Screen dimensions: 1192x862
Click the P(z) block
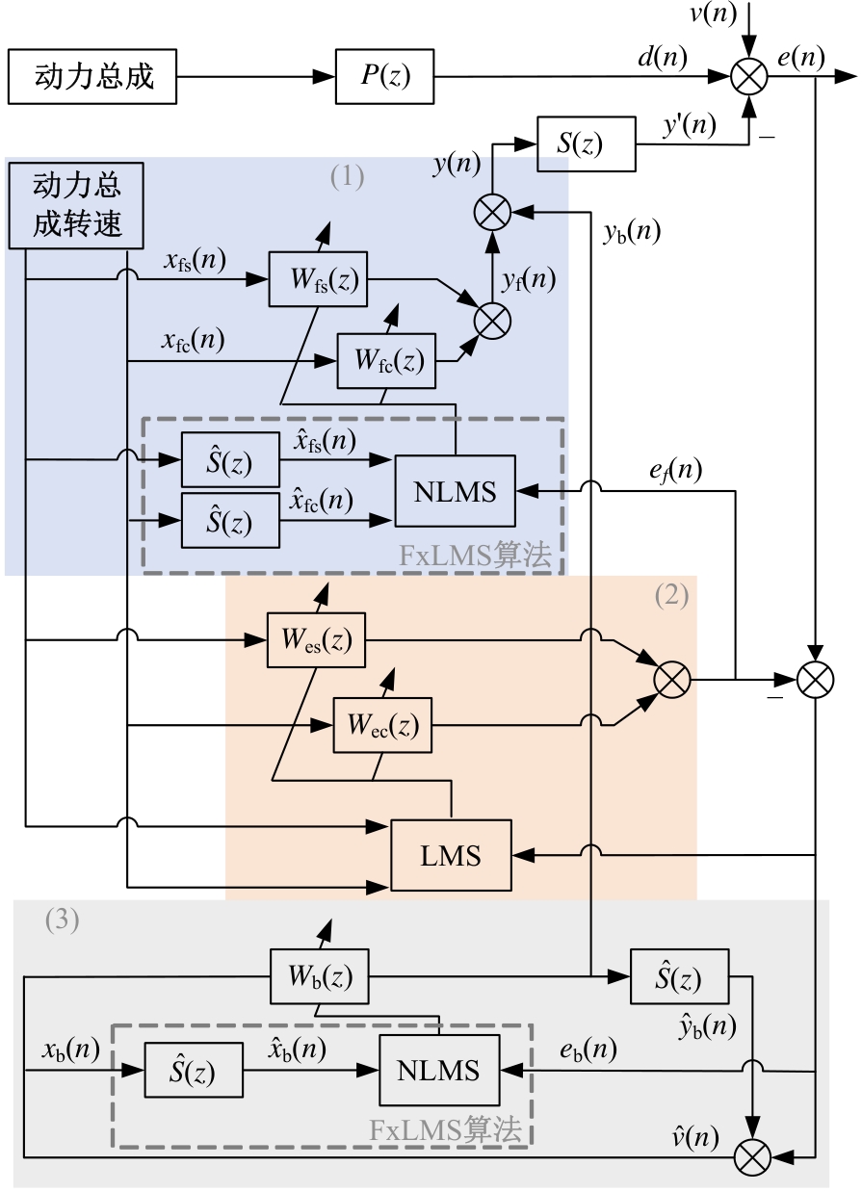(385, 76)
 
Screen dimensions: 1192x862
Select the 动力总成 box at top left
(92, 76)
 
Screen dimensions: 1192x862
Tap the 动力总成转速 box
(77, 205)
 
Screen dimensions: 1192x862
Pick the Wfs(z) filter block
(318, 280)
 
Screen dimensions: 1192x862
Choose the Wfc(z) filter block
(386, 359)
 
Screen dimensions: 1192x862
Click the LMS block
(451, 854)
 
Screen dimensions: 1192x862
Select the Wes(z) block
(317, 639)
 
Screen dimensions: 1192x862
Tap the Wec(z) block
(382, 726)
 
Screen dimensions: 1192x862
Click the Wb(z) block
(318, 977)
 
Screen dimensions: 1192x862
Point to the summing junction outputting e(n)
(748, 77)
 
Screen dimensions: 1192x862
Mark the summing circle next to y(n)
(492, 213)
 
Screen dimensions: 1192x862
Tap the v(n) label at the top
(713, 15)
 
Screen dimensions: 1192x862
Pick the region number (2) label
(671, 595)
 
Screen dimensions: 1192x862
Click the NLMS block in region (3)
(439, 1070)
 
